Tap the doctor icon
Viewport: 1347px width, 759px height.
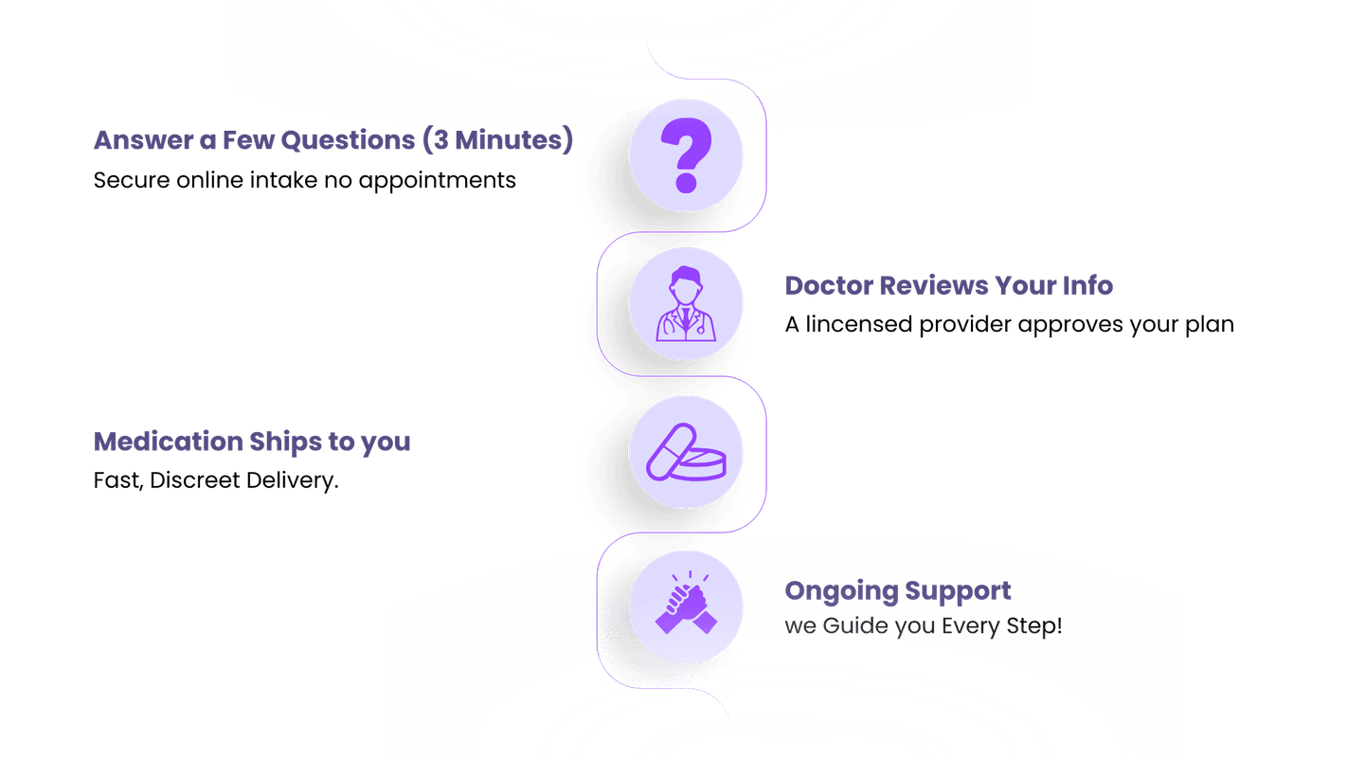point(686,305)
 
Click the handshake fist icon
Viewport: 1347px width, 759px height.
point(686,604)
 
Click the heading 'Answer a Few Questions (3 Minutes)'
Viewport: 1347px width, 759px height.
point(333,140)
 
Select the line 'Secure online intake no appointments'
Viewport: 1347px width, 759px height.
point(305,180)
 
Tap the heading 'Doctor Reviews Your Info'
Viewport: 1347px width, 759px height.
point(949,285)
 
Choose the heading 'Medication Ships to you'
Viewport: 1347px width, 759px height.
point(253,442)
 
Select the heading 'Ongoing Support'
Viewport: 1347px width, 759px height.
point(898,591)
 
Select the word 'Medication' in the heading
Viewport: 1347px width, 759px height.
point(170,442)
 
